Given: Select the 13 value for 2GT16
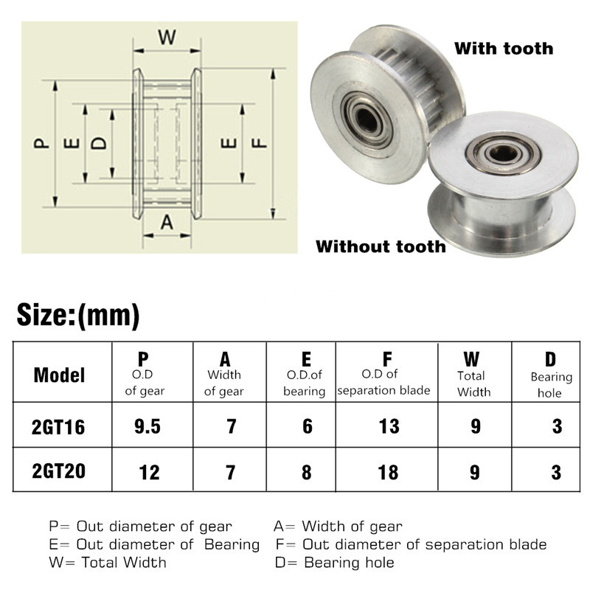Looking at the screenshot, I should click(389, 426).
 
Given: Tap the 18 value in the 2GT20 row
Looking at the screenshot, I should click(389, 471).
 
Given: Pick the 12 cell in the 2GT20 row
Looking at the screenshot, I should click(149, 471).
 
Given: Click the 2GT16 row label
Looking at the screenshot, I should click(59, 426).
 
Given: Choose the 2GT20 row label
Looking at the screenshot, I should click(59, 471).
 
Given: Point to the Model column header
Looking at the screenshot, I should click(59, 375).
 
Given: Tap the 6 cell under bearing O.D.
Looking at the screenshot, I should click(307, 426).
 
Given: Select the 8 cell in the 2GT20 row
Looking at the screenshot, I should click(307, 471).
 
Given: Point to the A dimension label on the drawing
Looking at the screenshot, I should click(167, 221).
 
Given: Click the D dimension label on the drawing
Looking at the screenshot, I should click(98, 142).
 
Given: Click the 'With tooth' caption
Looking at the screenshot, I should click(503, 49).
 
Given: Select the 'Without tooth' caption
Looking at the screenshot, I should click(381, 246).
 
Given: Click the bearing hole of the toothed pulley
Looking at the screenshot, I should click(364, 115).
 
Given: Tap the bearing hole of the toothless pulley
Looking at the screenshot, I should click(503, 155).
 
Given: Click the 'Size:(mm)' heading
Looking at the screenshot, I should click(78, 315).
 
